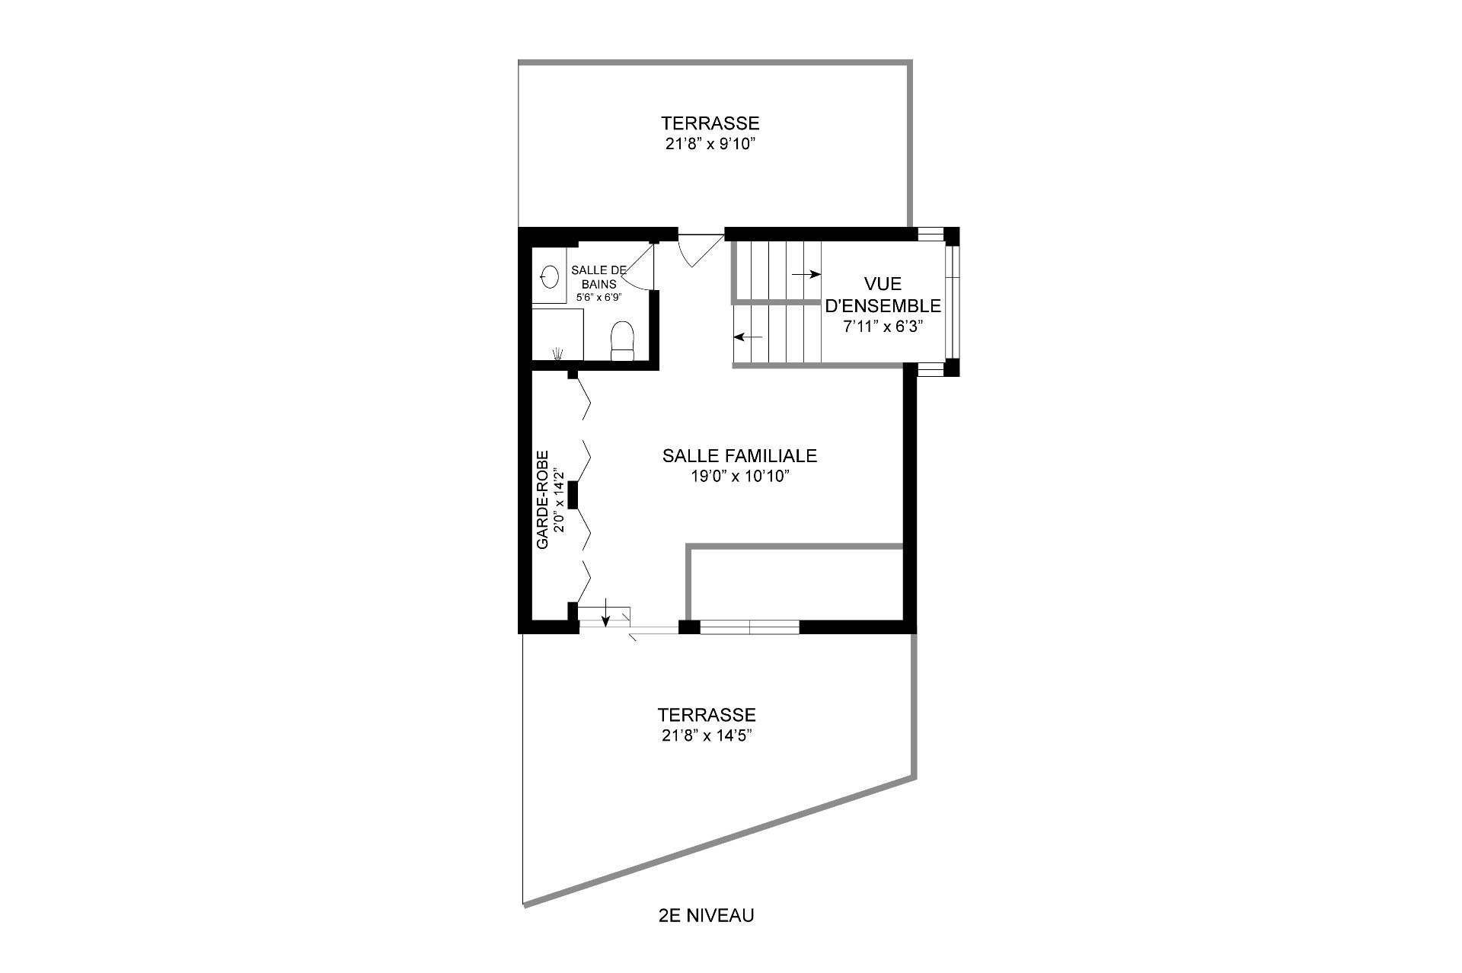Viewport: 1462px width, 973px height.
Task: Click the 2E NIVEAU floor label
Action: [706, 915]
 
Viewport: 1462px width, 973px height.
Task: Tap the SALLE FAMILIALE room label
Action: [739, 456]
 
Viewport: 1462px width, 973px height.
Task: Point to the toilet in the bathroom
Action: [622, 340]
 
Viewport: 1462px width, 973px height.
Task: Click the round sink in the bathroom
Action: [548, 275]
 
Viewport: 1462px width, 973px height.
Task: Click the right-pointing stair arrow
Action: [806, 274]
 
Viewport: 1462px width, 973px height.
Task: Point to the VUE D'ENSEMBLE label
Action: [883, 295]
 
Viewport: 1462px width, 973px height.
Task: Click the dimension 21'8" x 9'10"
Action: [710, 143]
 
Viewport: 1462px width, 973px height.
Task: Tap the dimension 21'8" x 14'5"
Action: [707, 735]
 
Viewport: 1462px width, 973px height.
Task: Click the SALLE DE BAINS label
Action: [599, 276]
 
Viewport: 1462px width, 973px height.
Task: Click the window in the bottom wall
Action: [749, 627]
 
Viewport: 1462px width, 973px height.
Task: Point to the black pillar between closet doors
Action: [573, 495]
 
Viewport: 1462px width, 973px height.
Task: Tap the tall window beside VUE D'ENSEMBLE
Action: [951, 301]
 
